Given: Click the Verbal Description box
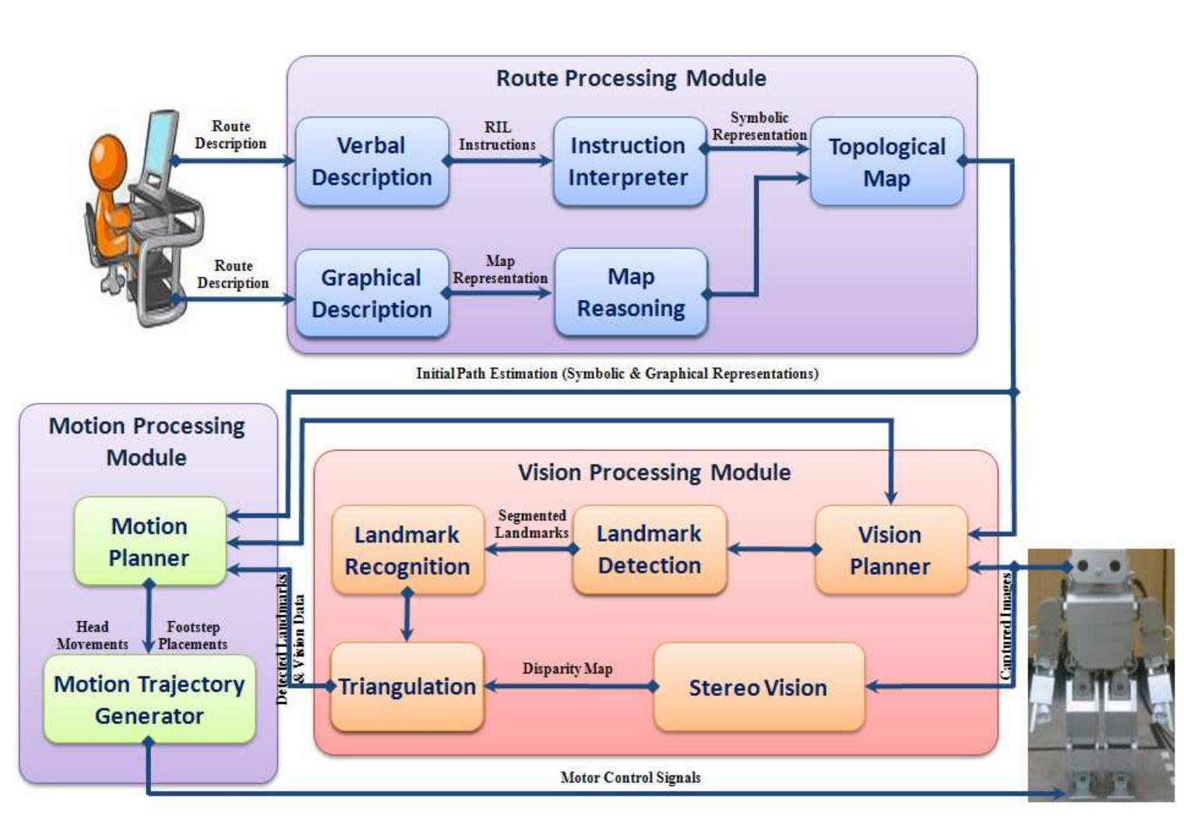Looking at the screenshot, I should click(x=372, y=161).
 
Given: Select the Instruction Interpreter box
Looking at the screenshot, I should click(x=629, y=161).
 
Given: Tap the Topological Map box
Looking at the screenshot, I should click(x=886, y=162).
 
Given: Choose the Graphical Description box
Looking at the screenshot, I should click(x=372, y=293).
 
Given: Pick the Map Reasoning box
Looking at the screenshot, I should click(x=631, y=292).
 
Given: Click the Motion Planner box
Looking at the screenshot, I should click(x=149, y=542).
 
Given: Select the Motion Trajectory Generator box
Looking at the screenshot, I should click(x=149, y=699).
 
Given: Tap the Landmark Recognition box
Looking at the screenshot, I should click(x=407, y=550).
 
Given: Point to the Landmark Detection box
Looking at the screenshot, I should click(x=649, y=549).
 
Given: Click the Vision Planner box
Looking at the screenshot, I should click(x=890, y=550).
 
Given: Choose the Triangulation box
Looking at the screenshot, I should click(x=407, y=687).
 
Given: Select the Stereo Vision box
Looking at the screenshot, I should click(x=758, y=687).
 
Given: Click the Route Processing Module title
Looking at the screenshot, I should click(x=631, y=78).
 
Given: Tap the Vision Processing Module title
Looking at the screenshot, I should click(x=654, y=472).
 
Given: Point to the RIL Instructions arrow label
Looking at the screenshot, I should click(x=497, y=136).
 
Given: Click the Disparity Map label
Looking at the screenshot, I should click(x=567, y=669).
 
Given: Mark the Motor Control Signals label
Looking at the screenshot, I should click(x=630, y=777).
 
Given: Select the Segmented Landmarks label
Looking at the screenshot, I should click(x=532, y=524).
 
